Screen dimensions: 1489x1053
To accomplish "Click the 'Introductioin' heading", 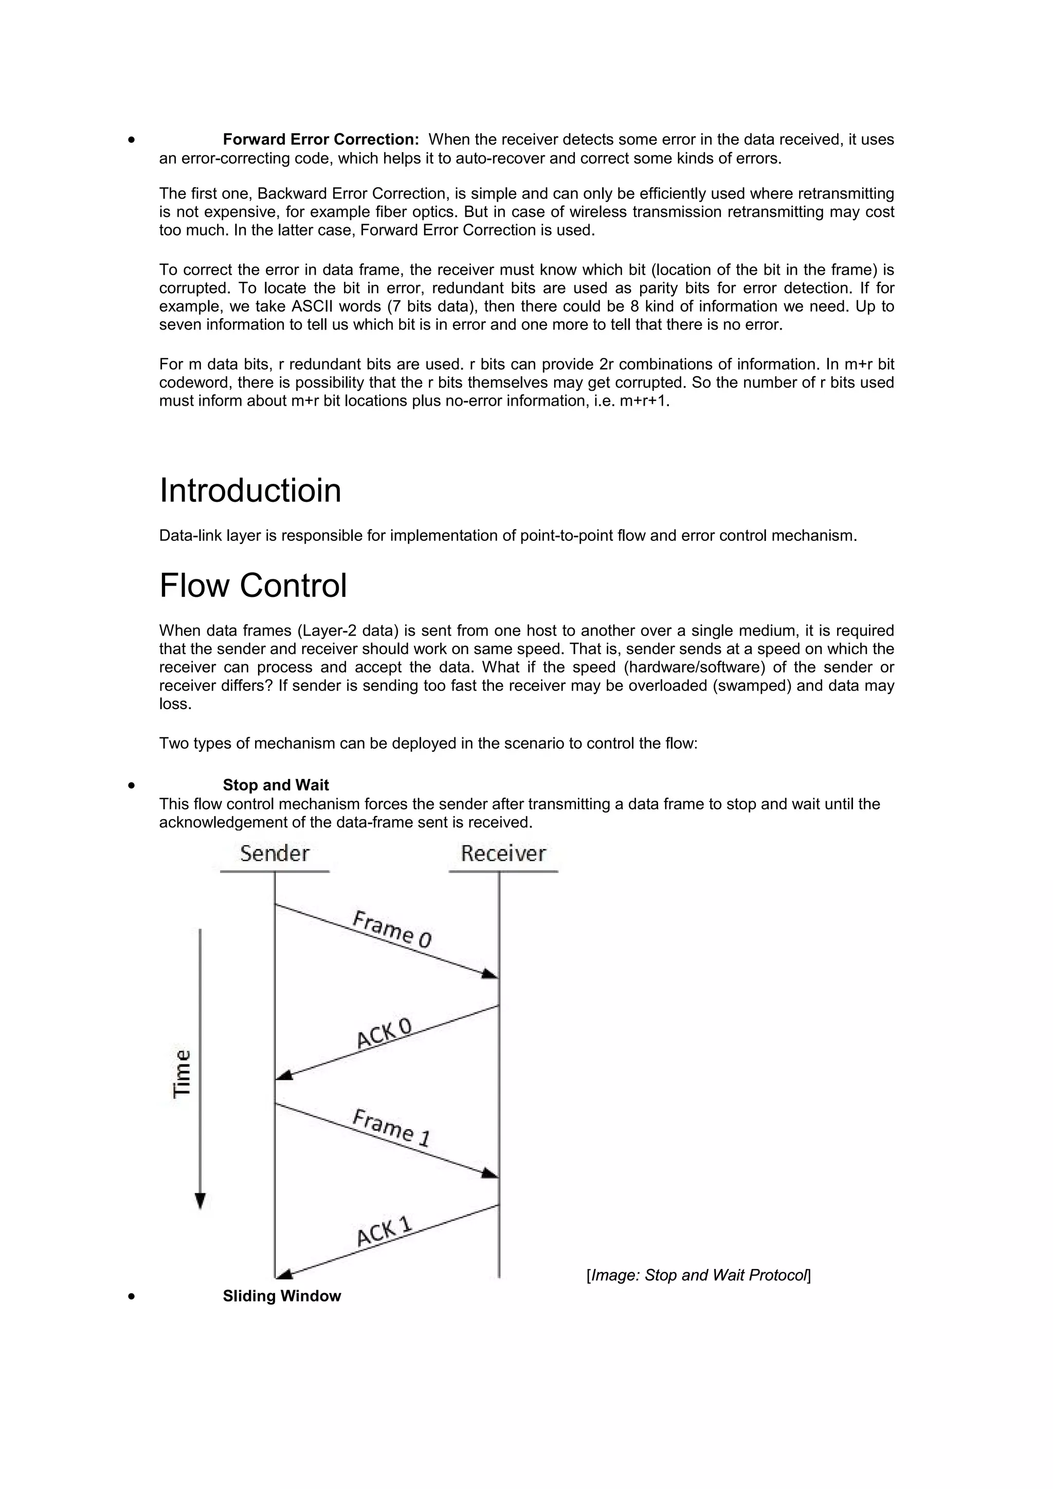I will click(250, 491).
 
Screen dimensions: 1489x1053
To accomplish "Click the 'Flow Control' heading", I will click(253, 586).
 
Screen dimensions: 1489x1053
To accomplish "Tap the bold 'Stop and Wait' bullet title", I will click(276, 785).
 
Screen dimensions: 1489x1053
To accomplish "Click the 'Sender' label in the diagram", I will click(275, 854).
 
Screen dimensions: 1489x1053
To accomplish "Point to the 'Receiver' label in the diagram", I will click(503, 854).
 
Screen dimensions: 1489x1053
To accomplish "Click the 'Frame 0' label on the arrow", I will click(392, 929).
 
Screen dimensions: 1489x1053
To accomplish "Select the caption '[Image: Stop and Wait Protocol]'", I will click(698, 1275).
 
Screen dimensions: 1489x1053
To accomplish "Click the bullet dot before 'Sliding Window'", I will click(132, 1296).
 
